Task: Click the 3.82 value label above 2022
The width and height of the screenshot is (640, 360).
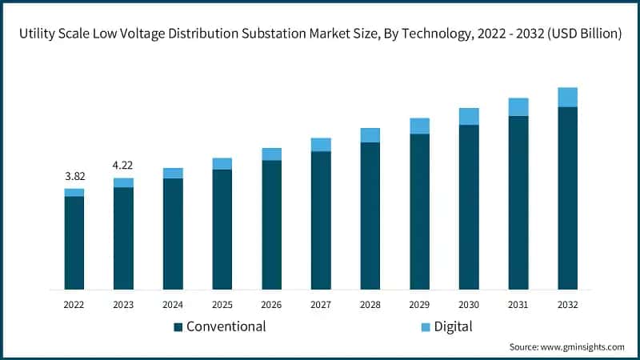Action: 74,176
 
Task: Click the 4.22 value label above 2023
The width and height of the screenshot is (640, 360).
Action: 123,166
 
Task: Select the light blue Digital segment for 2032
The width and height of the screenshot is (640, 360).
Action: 567,97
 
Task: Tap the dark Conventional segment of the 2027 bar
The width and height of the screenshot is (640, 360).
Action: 321,220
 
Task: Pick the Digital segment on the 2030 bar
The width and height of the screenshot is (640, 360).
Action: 469,117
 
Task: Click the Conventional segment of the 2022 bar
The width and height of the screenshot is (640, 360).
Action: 74,242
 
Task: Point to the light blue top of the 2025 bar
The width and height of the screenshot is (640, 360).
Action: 222,164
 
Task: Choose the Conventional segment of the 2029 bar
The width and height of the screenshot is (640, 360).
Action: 419,211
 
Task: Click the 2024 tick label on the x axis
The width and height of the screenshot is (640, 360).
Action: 173,305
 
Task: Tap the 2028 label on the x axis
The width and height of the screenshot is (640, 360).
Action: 370,305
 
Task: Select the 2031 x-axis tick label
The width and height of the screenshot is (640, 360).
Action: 518,305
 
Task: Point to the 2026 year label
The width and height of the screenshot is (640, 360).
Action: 271,305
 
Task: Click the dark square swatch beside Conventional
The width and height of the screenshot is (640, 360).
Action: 178,326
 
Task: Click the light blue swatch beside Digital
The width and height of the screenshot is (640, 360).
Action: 425,326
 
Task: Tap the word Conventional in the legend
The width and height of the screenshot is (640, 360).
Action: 226,326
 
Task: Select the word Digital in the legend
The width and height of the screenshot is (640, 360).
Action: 453,326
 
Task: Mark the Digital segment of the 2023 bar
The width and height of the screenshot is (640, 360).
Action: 123,182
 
